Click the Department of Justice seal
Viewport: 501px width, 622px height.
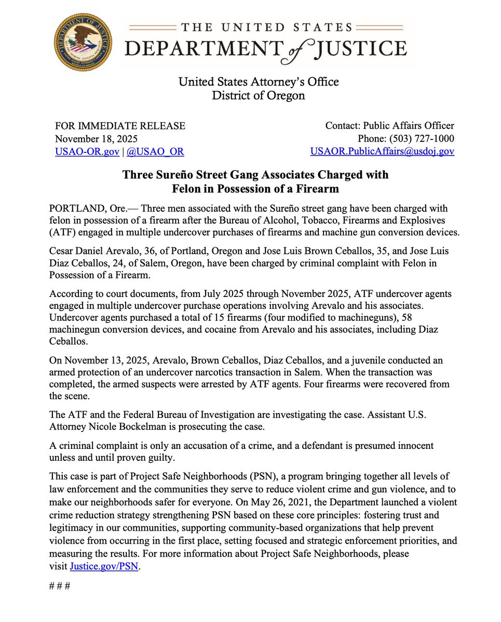[x=83, y=41]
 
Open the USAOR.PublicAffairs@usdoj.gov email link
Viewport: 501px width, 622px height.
[x=382, y=151]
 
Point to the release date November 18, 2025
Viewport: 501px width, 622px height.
[x=96, y=138]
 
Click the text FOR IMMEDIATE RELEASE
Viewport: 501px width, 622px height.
[x=120, y=125]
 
